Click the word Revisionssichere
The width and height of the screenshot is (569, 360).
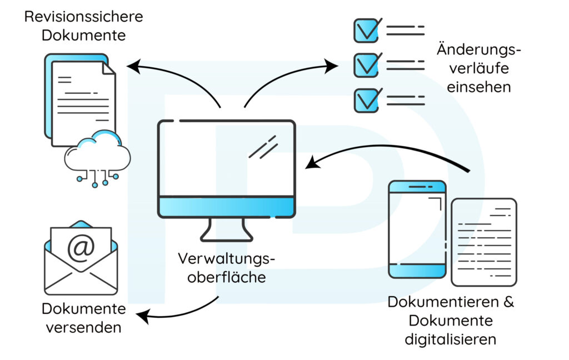(83, 16)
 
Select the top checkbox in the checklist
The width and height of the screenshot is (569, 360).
(367, 30)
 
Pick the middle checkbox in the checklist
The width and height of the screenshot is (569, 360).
(367, 64)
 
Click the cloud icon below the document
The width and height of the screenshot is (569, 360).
(98, 151)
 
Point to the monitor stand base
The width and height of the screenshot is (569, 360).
(226, 236)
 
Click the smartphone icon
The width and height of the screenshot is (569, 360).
(417, 229)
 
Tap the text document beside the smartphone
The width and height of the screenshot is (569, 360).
(483, 242)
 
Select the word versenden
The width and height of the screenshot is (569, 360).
(83, 327)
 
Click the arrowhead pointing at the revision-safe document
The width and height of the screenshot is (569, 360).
(132, 67)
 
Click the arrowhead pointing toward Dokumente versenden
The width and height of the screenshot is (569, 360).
(142, 318)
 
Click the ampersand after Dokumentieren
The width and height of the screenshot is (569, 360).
(507, 303)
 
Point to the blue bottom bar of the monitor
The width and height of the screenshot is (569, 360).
(227, 207)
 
